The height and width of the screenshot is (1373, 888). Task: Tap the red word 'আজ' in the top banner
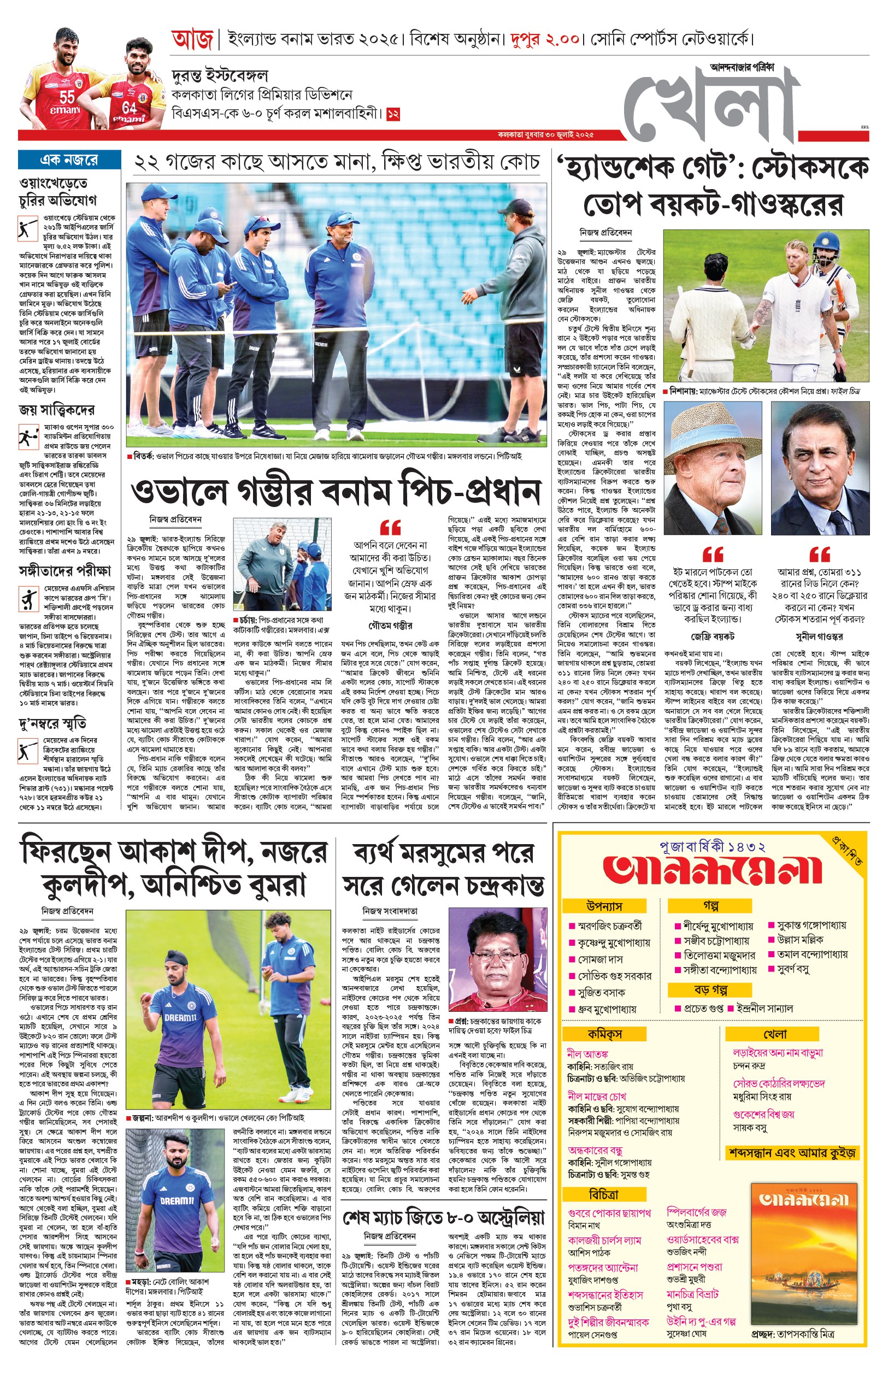point(192,40)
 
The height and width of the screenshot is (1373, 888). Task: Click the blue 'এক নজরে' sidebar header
point(69,160)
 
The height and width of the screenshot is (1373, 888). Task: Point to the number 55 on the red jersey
point(67,97)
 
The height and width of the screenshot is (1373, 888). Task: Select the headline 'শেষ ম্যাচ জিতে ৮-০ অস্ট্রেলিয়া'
point(443,1218)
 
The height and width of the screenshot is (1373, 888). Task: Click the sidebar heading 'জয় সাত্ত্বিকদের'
point(56,410)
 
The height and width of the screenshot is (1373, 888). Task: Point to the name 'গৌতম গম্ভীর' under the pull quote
point(390,626)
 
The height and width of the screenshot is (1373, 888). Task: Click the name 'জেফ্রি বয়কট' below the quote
point(713,637)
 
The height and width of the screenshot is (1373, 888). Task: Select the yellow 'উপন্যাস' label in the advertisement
point(604,906)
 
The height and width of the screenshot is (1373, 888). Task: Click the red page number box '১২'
point(393,114)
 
